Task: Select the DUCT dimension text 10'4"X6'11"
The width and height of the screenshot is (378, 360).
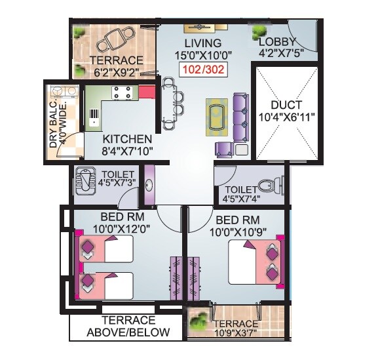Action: (x=286, y=117)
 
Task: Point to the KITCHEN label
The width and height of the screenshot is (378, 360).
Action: (x=127, y=140)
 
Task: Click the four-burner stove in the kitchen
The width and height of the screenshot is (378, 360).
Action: (x=121, y=92)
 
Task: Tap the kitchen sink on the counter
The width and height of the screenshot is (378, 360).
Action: (x=94, y=117)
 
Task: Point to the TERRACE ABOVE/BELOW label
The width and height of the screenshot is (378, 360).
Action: (x=128, y=327)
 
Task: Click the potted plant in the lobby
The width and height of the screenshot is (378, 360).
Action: (x=260, y=29)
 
